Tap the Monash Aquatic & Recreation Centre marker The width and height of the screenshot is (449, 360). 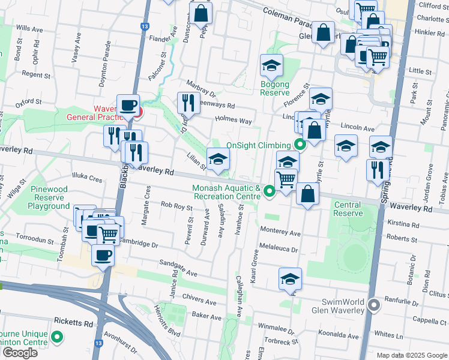tap(270, 191)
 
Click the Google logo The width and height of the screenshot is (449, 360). tap(20, 352)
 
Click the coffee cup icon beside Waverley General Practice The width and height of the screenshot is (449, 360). tap(128, 106)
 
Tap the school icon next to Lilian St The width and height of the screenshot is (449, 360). tap(218, 158)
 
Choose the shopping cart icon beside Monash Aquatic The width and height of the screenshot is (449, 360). tap(286, 178)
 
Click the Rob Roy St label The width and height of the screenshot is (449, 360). tap(176, 206)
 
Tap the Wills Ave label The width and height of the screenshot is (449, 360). tap(29, 28)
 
